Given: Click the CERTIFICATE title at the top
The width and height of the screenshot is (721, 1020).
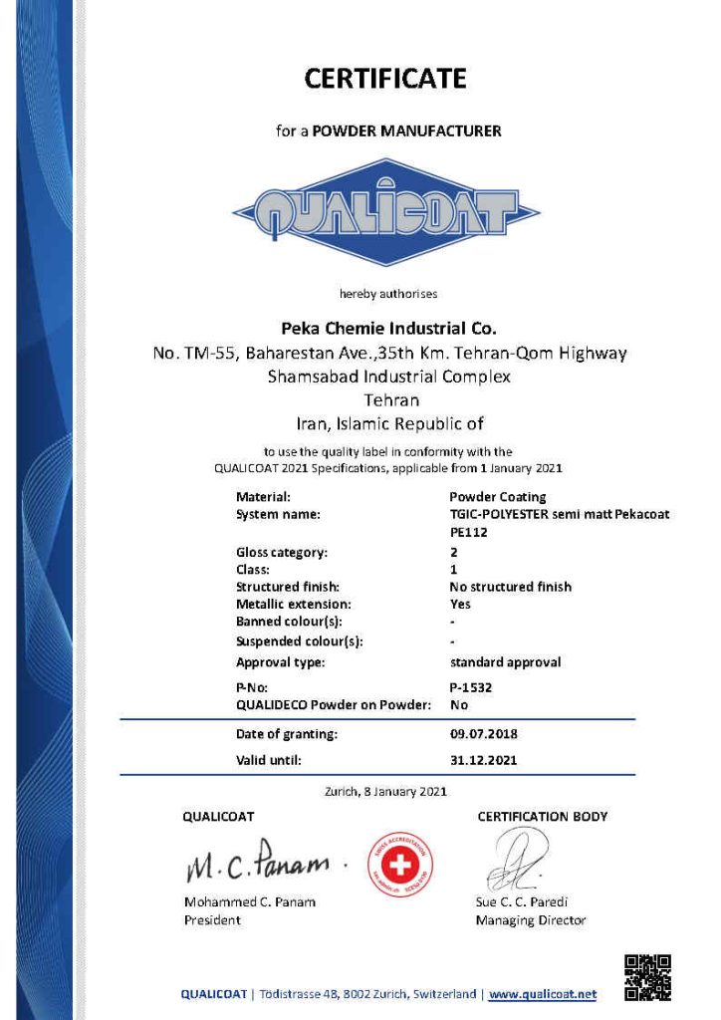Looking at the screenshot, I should point(384,78).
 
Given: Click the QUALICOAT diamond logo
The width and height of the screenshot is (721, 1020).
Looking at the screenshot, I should point(386,212).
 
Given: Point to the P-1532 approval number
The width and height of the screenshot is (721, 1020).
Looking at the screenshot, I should point(471,687).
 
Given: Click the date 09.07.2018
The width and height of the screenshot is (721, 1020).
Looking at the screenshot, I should point(483,734).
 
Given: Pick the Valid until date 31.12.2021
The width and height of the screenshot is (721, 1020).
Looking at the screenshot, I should point(483,759).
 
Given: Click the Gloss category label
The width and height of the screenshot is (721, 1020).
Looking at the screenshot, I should point(282,552).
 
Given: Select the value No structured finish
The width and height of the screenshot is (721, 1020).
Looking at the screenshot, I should point(511,587).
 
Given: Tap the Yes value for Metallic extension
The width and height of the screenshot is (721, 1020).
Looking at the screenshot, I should point(460,604).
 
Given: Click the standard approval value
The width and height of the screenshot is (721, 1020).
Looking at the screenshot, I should point(505,661).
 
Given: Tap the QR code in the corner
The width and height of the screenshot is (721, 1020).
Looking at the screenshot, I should point(647,977).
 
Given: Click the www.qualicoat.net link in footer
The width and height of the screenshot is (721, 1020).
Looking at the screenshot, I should point(543,994).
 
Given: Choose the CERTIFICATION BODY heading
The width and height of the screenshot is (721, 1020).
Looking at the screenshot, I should point(542,817).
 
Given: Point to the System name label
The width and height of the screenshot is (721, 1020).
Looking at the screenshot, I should point(278,514).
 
